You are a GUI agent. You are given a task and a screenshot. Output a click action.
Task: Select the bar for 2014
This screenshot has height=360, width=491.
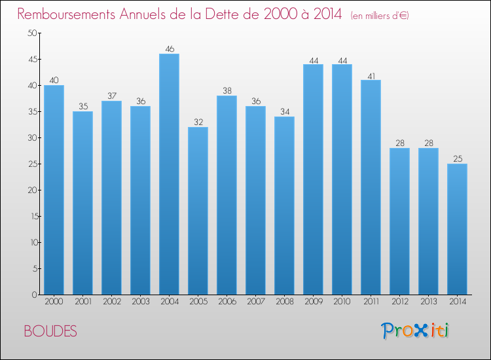457,229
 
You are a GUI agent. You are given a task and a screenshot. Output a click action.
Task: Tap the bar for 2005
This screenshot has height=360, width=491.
198,211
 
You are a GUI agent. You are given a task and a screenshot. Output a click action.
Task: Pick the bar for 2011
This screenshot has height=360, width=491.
371,187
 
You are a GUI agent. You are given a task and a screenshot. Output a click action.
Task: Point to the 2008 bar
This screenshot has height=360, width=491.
284,206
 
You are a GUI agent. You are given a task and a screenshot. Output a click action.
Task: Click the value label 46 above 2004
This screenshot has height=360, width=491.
169,48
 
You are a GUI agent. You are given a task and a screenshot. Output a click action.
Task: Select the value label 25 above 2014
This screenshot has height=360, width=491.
457,158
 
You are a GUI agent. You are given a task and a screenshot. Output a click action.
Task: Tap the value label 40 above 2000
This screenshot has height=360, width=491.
54,80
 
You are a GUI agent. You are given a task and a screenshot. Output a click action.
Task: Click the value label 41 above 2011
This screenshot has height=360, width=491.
371,75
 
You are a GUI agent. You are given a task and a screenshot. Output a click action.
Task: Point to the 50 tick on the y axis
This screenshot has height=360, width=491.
31,33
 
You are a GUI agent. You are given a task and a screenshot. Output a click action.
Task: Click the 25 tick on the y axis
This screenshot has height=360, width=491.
31,164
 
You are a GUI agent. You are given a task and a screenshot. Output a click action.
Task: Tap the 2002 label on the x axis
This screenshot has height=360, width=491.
111,302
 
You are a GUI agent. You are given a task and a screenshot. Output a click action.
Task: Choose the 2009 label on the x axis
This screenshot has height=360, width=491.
313,302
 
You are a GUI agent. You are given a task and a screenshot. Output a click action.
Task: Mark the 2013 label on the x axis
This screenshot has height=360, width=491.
428,302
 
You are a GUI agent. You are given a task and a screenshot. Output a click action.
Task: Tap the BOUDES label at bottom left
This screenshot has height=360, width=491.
50,331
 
